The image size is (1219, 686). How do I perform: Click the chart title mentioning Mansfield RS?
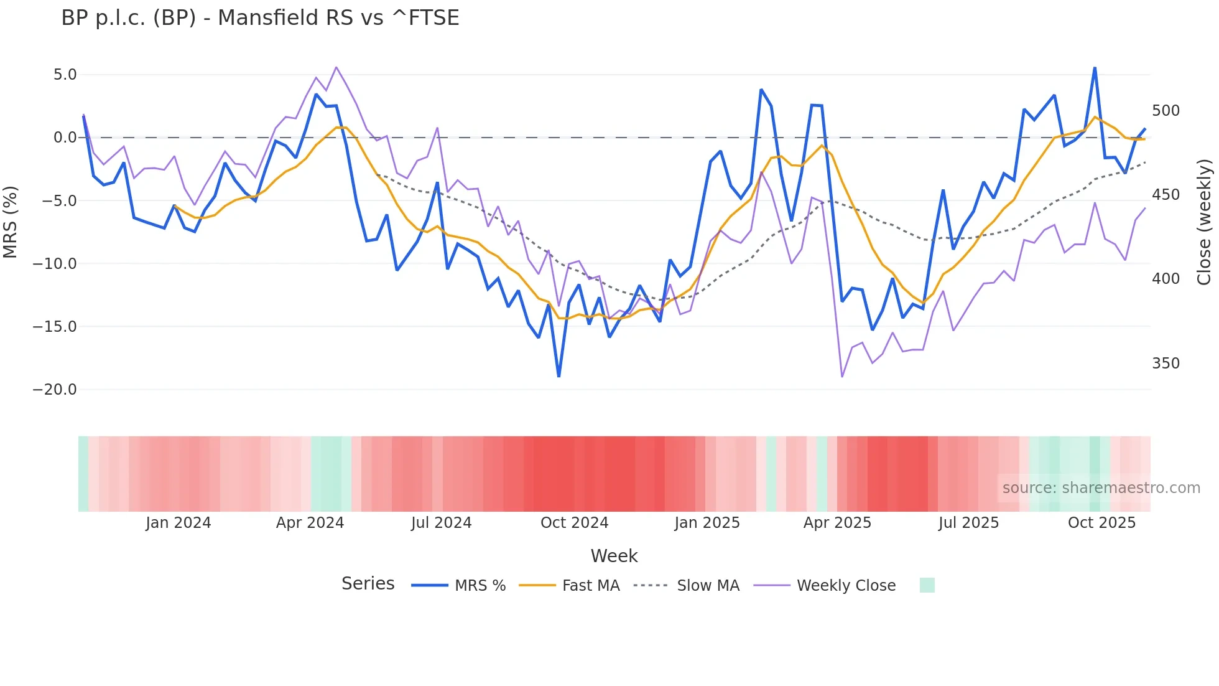coord(260,18)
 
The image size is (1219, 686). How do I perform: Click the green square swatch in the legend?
coord(927,585)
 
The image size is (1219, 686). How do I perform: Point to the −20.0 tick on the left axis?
coord(55,390)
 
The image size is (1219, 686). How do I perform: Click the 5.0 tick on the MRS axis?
coord(65,75)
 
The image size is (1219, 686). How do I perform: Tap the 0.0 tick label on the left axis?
coord(65,138)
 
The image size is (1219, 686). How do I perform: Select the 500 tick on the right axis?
coord(1166,111)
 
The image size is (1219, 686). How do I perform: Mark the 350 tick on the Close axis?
coord(1166,364)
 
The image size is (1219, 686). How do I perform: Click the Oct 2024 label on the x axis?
coord(574,523)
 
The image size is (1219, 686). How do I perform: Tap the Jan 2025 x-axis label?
coord(707,523)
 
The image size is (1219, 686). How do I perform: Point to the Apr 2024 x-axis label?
coord(310,523)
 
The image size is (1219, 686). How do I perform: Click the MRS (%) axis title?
coord(11,222)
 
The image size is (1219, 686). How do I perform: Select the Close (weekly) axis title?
coord(1205,222)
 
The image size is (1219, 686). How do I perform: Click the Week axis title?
coord(614,556)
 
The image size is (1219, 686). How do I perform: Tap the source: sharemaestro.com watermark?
coord(1101,488)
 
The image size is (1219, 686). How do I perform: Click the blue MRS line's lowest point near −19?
coord(559,376)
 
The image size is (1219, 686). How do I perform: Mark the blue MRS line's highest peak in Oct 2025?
coord(1095,68)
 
